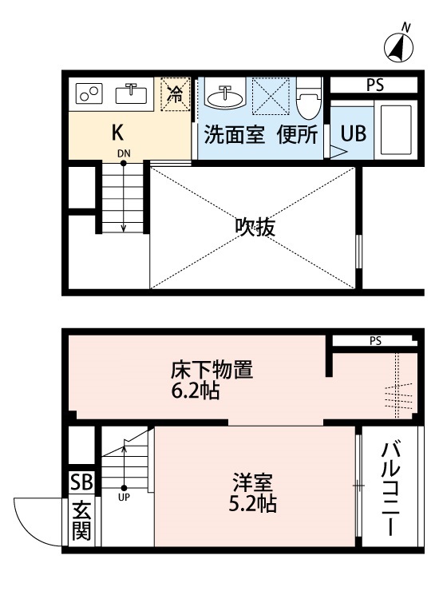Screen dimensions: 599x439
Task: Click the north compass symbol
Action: pos(398,49)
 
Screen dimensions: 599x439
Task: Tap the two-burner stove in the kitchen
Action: pos(89,94)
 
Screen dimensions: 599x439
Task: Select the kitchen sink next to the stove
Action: pos(131,94)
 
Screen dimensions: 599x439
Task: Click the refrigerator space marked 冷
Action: pos(173,94)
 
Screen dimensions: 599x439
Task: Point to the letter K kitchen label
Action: pos(117,132)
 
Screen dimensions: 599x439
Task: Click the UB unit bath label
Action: pos(354,133)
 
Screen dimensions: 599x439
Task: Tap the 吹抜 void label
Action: pos(255,228)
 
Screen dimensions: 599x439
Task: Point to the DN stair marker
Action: pos(124,153)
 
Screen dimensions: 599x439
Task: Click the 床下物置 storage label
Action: pos(212,371)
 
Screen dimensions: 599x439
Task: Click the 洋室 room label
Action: pos(254,484)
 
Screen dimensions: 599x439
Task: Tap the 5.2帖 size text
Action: pos(254,505)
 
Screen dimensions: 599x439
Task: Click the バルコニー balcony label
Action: pos(391,487)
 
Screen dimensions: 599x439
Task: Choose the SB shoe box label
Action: pos(81,482)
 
